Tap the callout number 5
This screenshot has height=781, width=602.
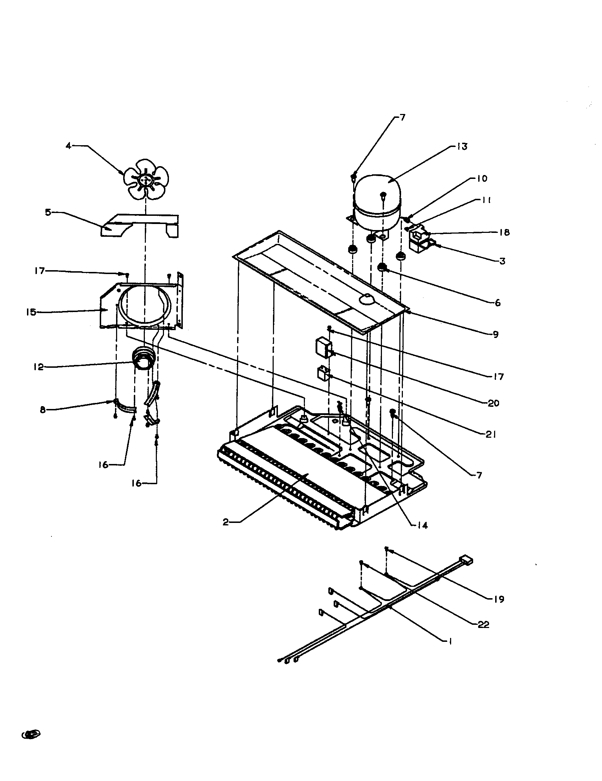coord(48,212)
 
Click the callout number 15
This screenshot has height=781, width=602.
coord(31,312)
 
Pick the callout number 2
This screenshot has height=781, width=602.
coord(225,523)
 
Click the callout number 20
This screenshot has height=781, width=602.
coord(493,403)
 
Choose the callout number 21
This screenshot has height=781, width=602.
coord(491,435)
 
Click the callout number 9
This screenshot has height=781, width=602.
coord(496,334)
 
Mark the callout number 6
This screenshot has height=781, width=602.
coord(498,303)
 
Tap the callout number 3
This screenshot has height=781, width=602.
coord(502,261)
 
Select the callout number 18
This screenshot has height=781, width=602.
coord(505,233)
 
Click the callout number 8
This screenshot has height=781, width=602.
coord(43,410)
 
